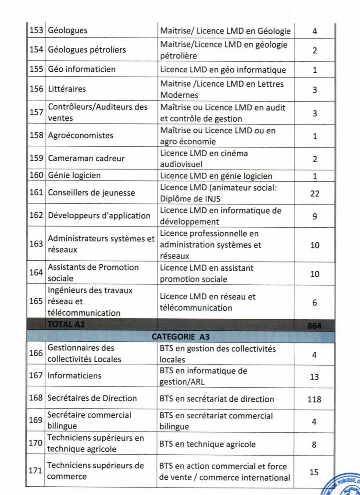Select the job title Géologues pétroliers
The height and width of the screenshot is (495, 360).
[86, 50]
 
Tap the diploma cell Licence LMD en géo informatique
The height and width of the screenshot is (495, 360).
[223, 70]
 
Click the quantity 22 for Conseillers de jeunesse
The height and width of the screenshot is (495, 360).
[314, 193]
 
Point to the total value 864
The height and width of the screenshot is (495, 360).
[314, 325]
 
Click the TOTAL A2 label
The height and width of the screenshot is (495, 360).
[66, 325]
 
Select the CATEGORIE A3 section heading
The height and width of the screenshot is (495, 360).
[181, 336]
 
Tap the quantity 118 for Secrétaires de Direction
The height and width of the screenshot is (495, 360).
[314, 399]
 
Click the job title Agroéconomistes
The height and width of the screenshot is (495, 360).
[80, 135]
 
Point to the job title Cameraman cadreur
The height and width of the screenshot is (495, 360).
[86, 158]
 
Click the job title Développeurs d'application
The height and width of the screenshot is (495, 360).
[99, 216]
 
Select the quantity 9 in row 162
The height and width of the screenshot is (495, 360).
[314, 216]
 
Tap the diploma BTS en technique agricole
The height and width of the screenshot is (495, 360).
[207, 444]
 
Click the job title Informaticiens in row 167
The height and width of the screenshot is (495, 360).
[74, 375]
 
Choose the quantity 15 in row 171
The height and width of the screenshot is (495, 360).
[314, 472]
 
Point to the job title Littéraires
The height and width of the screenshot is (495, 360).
[67, 89]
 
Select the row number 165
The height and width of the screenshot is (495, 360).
[36, 301]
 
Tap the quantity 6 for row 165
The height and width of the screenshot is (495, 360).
[314, 303]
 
